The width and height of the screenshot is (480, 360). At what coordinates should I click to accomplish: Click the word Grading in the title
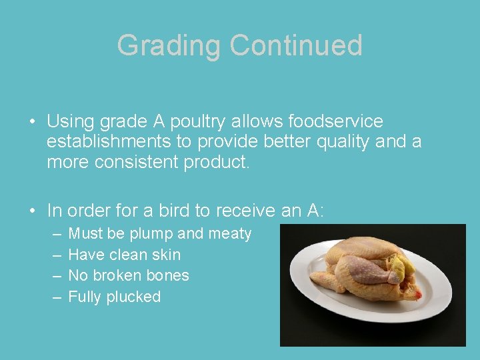click(169, 46)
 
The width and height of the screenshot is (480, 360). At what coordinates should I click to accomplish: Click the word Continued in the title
click(296, 46)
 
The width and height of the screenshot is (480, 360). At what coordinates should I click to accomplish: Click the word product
click(217, 162)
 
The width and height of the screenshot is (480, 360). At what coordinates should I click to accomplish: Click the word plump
click(151, 234)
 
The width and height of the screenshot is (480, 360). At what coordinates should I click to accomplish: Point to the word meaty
click(230, 234)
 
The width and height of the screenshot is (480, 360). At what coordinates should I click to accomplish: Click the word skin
click(166, 255)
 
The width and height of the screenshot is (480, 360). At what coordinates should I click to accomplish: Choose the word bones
click(167, 275)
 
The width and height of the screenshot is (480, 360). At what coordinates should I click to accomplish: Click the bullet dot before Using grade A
click(32, 123)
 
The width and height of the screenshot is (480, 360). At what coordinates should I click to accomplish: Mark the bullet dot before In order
click(32, 211)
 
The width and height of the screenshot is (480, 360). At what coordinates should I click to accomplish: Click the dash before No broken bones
click(55, 275)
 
